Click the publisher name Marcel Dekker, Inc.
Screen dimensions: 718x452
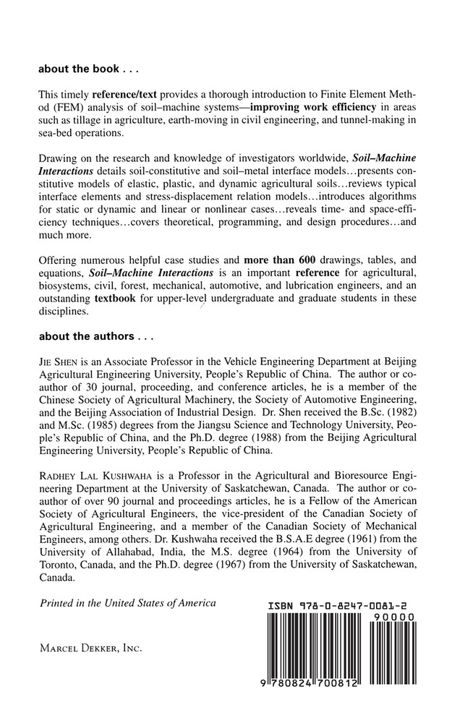[90, 649]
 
